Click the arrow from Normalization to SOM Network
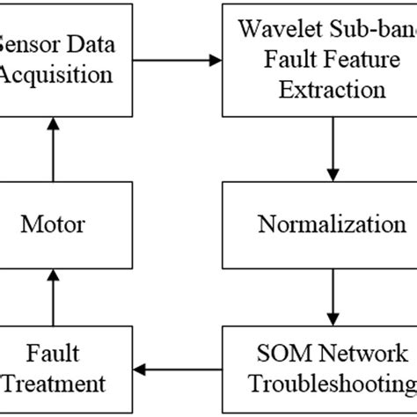332,295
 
